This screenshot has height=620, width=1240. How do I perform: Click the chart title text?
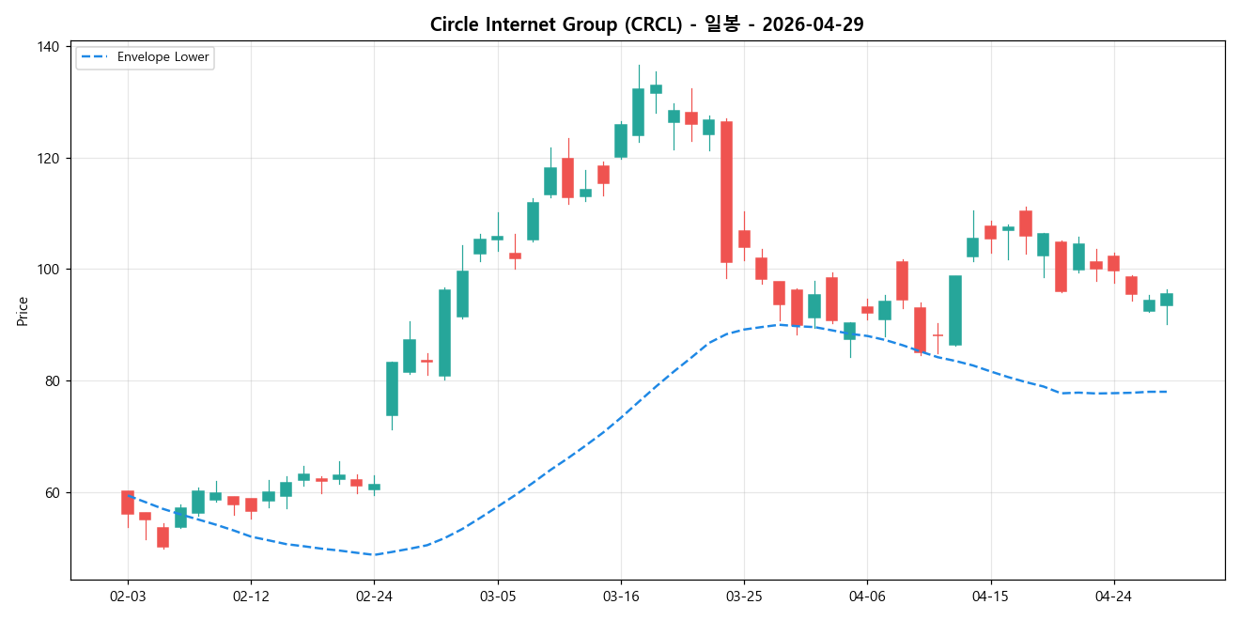point(646,24)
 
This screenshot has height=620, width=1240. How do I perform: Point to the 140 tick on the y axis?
point(49,47)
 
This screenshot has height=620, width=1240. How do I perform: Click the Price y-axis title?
point(23,311)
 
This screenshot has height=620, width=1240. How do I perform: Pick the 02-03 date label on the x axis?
point(128,596)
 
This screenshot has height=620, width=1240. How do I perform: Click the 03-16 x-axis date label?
point(620,596)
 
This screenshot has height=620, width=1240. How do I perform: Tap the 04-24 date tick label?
point(1113,596)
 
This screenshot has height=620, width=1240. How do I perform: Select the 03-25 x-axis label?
point(744,596)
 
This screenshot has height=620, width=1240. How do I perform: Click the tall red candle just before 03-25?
point(726,192)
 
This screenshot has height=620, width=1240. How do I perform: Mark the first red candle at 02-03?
point(128,503)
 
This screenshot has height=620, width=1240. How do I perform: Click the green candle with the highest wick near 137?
point(638,112)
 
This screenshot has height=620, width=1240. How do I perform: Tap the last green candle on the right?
point(1167,300)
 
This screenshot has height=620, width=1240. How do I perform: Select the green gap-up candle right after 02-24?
point(392,389)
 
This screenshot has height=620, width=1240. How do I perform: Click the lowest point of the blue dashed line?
point(374,554)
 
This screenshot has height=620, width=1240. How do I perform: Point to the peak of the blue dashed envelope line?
point(780,324)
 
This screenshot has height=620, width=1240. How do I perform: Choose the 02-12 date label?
point(251,596)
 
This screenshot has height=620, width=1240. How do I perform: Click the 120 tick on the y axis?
point(49,159)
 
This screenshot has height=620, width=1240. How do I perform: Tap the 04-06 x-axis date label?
point(867,596)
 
